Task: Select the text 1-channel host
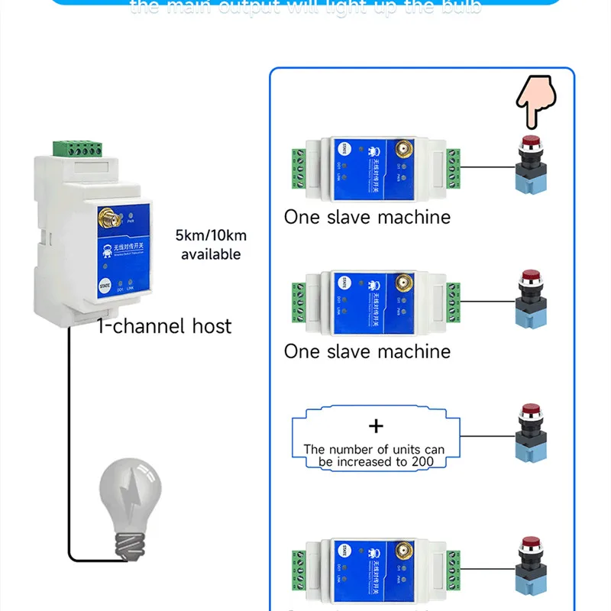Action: point(164,327)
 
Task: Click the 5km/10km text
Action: point(211,235)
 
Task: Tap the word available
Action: point(211,254)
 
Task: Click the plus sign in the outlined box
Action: point(376,426)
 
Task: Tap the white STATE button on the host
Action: point(105,285)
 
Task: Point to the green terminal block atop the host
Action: point(77,147)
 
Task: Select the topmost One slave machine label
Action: point(367,217)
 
